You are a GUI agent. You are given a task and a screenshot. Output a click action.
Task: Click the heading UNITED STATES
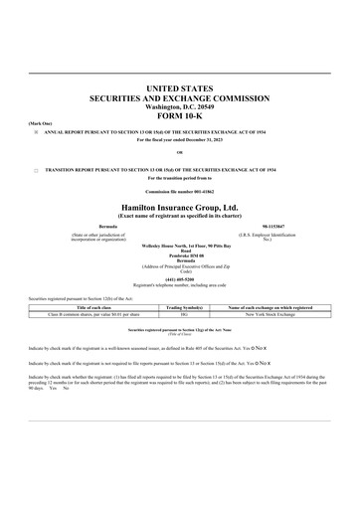(180, 89)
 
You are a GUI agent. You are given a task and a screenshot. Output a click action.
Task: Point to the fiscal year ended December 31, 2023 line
(180, 138)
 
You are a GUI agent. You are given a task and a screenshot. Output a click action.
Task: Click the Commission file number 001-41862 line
(180, 189)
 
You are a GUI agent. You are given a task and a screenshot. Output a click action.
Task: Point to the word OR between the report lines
(180, 152)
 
